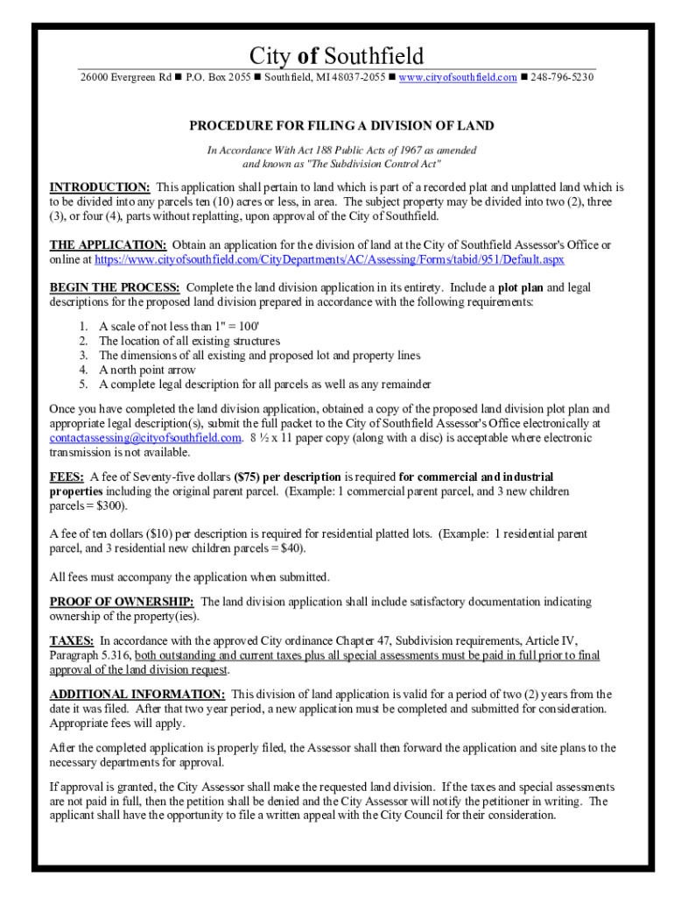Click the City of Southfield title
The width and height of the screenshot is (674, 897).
(x=336, y=57)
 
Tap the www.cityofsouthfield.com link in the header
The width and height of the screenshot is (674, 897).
(x=459, y=77)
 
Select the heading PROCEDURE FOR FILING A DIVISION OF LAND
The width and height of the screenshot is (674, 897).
(x=341, y=126)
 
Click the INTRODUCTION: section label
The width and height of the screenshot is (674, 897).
(x=100, y=187)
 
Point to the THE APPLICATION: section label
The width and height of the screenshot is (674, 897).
(x=108, y=245)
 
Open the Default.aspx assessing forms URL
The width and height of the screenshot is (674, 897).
(x=329, y=260)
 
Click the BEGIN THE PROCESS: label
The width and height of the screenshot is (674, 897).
(x=115, y=287)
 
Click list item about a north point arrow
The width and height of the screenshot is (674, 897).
(x=147, y=370)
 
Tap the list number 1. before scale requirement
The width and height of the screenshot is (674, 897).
(x=83, y=326)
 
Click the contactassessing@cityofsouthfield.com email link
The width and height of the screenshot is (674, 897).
(x=144, y=438)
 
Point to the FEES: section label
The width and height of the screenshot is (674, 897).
(x=67, y=477)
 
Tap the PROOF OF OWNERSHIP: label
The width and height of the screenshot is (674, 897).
(x=122, y=602)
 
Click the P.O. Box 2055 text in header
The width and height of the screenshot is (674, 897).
(x=218, y=77)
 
